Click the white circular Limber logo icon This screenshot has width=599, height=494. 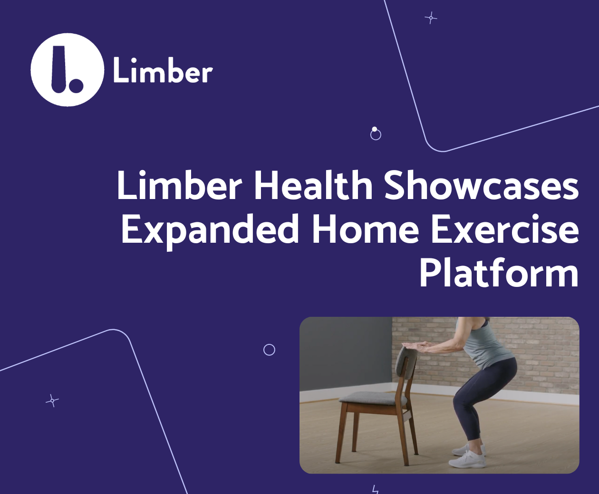click(67, 70)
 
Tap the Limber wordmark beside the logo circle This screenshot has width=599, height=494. click(163, 71)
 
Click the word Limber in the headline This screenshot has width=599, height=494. click(179, 186)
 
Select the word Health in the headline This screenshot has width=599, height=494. click(313, 186)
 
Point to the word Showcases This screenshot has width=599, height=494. click(481, 186)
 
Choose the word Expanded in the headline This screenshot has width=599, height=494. click(210, 230)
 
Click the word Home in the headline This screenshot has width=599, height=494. click(365, 230)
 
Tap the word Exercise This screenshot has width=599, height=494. click(504, 230)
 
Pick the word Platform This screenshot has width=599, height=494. click(499, 274)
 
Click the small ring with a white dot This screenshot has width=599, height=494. click(376, 134)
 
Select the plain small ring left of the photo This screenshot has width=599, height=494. click(269, 350)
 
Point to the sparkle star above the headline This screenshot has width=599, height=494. click(431, 18)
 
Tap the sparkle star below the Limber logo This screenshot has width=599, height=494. click(52, 401)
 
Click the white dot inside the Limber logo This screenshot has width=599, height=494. click(76, 86)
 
